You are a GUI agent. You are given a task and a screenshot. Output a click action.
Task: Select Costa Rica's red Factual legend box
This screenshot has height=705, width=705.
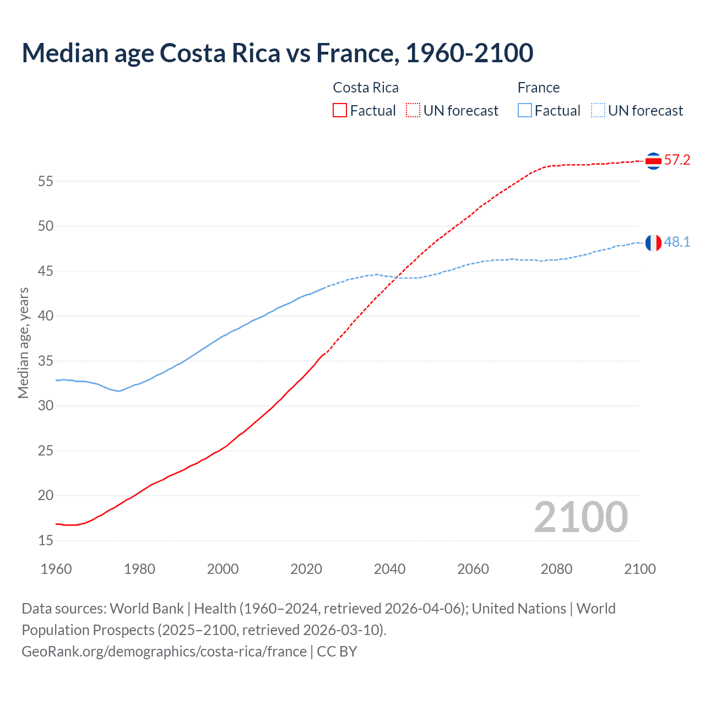click(340, 111)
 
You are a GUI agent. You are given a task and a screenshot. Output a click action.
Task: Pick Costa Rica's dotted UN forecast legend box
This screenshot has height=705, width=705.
click(413, 111)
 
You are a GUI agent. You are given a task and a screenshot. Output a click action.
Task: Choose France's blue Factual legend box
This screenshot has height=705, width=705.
click(524, 111)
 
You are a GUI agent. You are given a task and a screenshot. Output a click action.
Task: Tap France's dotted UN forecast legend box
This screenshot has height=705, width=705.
click(598, 111)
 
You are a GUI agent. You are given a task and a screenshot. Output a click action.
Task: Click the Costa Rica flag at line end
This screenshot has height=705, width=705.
click(653, 161)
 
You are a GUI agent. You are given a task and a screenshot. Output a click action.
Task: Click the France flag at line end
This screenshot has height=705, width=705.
click(653, 242)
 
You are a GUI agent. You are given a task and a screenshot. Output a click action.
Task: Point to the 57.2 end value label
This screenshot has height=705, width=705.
click(677, 160)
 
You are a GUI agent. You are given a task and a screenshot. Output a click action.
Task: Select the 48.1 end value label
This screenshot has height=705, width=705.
click(677, 242)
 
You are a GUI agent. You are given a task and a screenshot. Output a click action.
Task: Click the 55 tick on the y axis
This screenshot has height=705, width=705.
click(46, 181)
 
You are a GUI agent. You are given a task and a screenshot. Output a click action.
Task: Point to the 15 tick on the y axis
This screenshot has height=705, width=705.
click(46, 541)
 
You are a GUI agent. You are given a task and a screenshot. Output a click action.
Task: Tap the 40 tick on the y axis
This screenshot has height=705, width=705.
click(46, 316)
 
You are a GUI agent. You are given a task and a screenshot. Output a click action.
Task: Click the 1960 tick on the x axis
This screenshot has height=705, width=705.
click(56, 569)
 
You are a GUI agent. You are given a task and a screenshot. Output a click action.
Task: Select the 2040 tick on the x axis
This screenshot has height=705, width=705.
click(389, 569)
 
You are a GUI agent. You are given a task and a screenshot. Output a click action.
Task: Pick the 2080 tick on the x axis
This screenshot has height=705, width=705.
click(556, 569)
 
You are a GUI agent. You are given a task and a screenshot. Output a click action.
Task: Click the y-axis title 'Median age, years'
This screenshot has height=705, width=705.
click(23, 343)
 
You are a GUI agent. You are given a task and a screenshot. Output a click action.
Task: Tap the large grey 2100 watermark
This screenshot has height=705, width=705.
click(581, 517)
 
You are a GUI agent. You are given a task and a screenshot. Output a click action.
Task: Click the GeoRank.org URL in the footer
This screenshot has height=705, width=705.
click(164, 652)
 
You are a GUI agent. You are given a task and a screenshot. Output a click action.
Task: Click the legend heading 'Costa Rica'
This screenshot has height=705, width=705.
click(366, 88)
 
